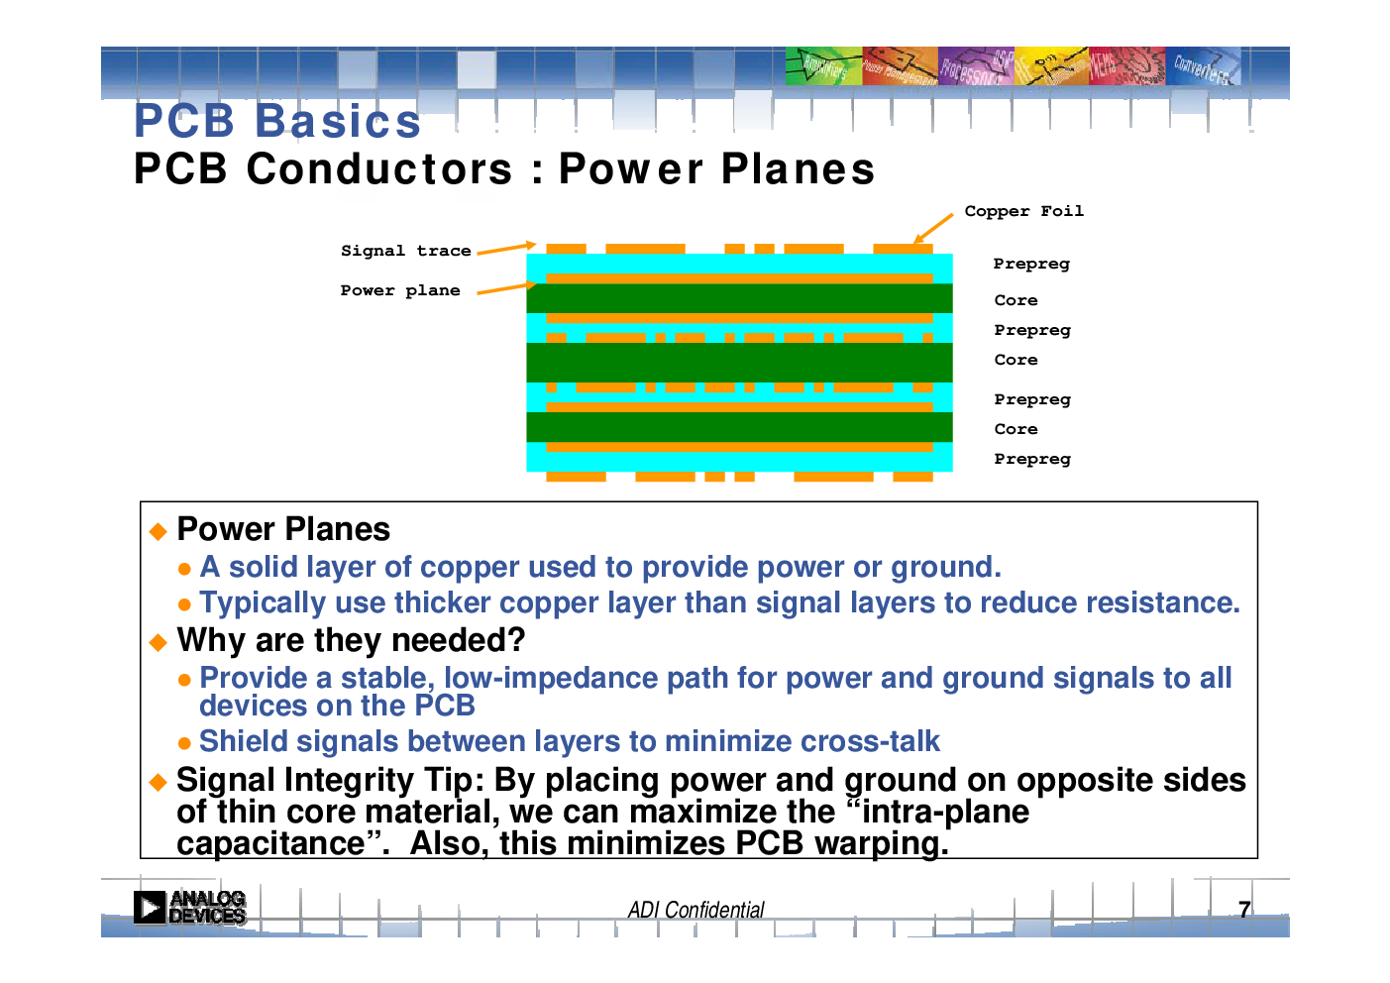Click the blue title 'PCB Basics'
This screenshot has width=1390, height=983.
click(x=277, y=120)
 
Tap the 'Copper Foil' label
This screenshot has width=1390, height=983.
click(x=1023, y=211)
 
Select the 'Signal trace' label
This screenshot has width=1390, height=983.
click(x=406, y=251)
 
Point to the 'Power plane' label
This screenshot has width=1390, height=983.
click(x=400, y=290)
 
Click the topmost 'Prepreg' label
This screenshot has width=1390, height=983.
click(x=1031, y=265)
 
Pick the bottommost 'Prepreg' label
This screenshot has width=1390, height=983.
click(x=1032, y=459)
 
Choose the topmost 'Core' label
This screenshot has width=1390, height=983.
click(x=1016, y=300)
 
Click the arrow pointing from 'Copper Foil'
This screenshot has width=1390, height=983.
click(x=933, y=228)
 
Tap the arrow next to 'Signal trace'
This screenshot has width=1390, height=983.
click(x=506, y=248)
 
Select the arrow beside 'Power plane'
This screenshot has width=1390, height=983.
click(x=506, y=288)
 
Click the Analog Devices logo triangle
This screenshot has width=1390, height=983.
click(x=150, y=908)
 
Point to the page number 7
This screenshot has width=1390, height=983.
click(x=1244, y=910)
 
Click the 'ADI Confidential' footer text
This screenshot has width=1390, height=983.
click(x=695, y=910)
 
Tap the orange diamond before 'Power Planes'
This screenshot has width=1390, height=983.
click(x=159, y=531)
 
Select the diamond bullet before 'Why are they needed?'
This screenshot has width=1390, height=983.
click(x=159, y=642)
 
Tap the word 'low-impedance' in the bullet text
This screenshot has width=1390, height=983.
click(x=551, y=678)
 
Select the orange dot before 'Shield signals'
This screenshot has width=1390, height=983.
click(x=184, y=743)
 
